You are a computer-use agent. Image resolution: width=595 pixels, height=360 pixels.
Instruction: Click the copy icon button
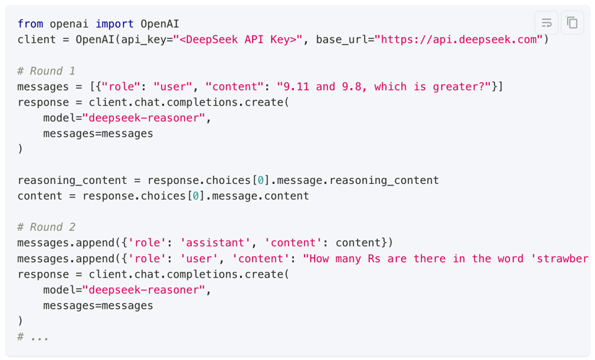pyautogui.click(x=572, y=23)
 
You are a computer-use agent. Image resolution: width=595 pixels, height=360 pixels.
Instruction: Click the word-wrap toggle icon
pyautogui.click(x=547, y=23)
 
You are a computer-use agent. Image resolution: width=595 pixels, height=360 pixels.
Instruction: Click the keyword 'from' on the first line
pyautogui.click(x=30, y=24)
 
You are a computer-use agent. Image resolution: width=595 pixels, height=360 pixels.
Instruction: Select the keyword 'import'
pyautogui.click(x=115, y=24)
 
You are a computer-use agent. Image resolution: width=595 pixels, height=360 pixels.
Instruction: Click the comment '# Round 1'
pyautogui.click(x=46, y=71)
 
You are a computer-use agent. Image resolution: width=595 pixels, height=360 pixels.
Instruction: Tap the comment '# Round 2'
pyautogui.click(x=46, y=227)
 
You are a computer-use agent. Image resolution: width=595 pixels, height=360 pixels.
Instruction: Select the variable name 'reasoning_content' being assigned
pyautogui.click(x=72, y=180)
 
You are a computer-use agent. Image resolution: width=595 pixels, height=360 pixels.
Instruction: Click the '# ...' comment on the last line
pyautogui.click(x=33, y=337)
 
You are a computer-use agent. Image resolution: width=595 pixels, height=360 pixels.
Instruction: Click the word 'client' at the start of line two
pyautogui.click(x=36, y=40)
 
